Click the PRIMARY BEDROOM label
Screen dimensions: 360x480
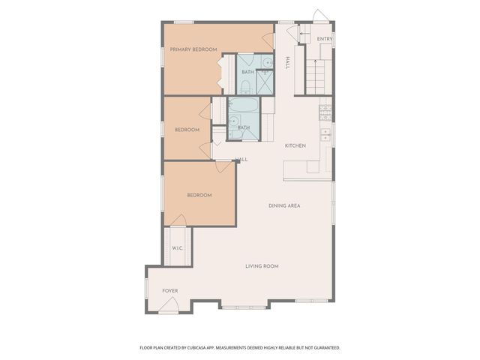(193, 49)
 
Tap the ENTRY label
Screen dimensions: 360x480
(324, 39)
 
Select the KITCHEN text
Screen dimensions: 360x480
(295, 145)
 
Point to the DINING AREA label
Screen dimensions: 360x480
(284, 205)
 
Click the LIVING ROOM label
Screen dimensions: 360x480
(262, 265)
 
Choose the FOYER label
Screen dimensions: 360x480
(170, 291)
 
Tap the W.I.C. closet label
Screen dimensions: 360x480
(178, 248)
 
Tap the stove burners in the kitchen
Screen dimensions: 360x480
(325, 112)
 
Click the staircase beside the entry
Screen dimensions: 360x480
(313, 75)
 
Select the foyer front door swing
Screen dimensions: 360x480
(169, 304)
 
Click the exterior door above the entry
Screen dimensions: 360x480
(319, 16)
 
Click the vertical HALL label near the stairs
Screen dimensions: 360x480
(287, 63)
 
